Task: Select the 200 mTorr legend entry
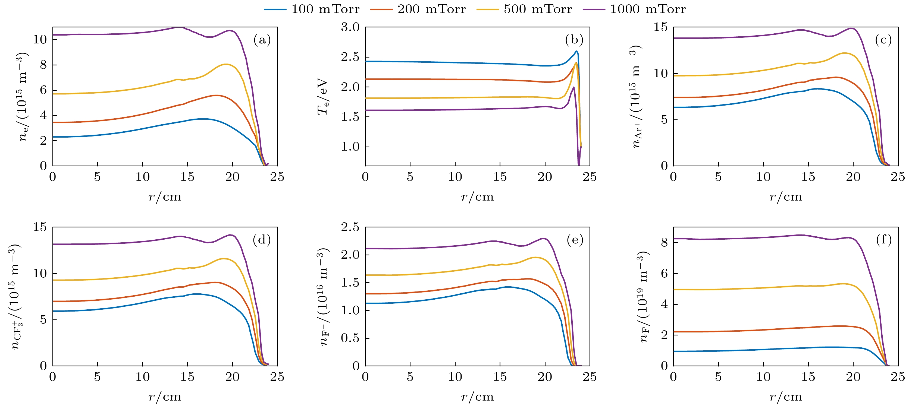tap(418, 9)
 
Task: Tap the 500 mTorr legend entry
tap(524, 9)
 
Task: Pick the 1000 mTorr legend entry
tap(634, 9)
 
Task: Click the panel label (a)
tap(262, 40)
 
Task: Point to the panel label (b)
tap(574, 40)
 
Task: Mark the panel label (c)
tap(883, 40)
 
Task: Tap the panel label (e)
tap(575, 240)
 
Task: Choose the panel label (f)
tap(883, 240)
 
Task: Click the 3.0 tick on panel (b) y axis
tap(350, 27)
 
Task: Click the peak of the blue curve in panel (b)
tap(576, 52)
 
